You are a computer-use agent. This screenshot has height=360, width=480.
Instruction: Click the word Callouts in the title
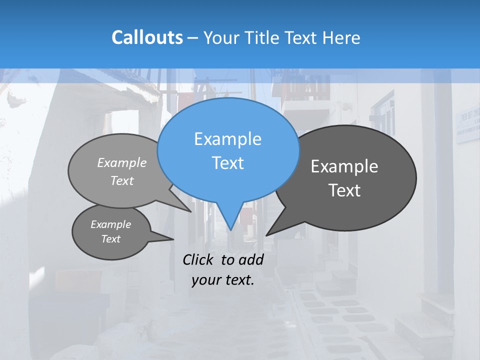(x=147, y=37)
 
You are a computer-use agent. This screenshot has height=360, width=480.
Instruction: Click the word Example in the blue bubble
(x=227, y=139)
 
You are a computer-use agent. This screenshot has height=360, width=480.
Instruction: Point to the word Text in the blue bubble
(x=227, y=163)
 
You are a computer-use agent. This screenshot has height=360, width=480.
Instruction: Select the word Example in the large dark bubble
(x=344, y=166)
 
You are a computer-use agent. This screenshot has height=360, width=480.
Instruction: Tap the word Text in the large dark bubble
(x=344, y=190)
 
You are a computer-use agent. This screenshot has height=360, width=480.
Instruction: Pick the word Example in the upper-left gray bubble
(x=122, y=162)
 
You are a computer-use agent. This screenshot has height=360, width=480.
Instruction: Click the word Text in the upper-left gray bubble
(x=122, y=180)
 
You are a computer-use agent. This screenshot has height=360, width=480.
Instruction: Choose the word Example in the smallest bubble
(x=111, y=224)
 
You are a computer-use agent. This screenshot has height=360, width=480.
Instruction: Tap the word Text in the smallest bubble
(x=111, y=239)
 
